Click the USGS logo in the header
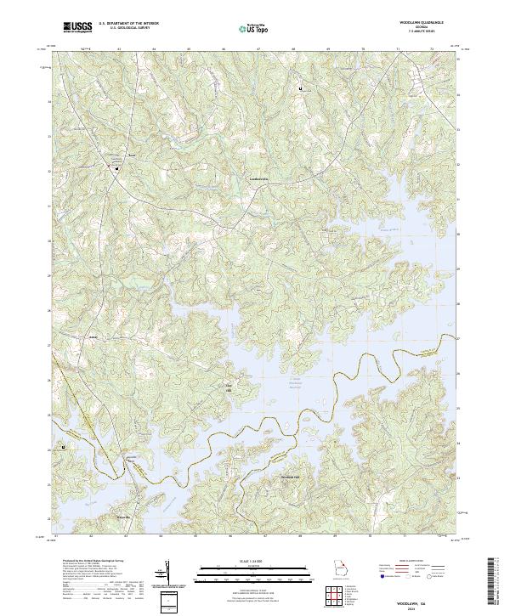(77, 27)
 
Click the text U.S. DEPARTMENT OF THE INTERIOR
(127, 25)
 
